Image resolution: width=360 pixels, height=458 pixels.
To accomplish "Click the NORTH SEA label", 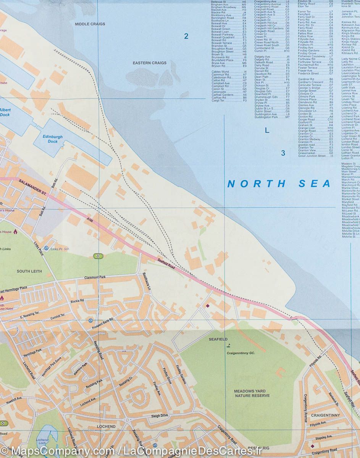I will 279,184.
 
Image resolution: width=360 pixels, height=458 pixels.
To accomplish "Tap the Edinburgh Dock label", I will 50,139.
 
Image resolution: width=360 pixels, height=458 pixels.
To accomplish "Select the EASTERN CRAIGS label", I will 149,63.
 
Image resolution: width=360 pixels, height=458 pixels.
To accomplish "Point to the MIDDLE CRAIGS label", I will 90,24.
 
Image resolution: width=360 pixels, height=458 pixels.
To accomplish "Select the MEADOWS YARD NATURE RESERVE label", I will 252,393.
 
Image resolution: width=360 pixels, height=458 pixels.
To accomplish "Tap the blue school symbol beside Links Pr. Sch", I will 46,248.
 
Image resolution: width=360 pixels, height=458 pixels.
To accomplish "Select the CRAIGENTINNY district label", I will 325,415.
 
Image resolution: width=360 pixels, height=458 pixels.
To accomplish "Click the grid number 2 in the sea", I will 186,37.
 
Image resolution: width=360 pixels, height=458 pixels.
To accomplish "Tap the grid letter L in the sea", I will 267,131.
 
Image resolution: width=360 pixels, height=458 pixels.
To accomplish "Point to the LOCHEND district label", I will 106,426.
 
